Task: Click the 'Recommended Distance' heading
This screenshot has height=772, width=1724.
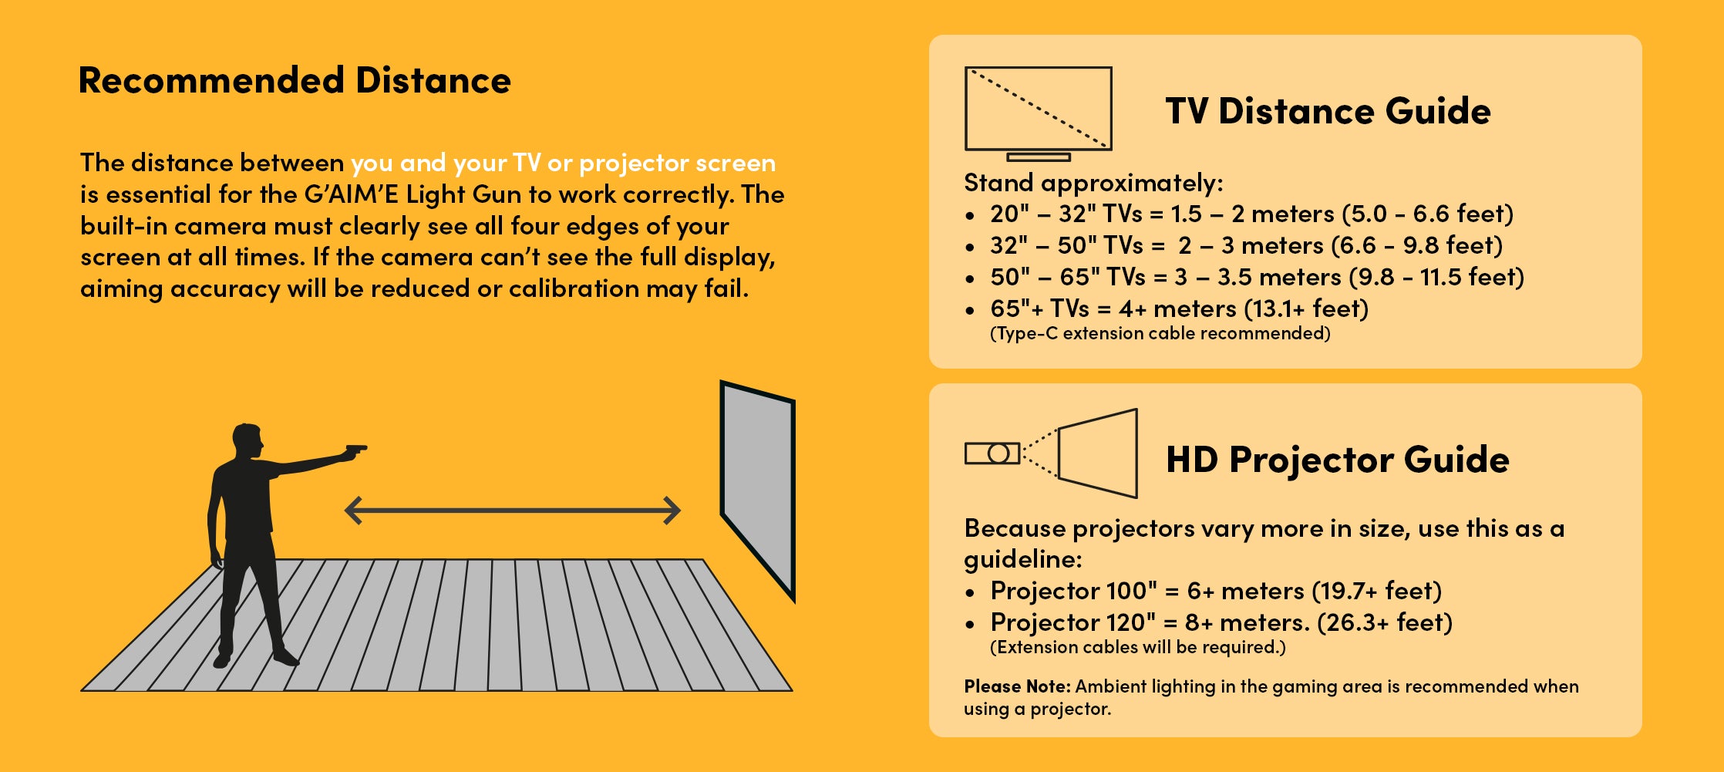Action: pos(295,81)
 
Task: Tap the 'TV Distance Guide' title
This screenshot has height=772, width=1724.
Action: pos(1328,111)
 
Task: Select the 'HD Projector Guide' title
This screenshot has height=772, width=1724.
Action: pos(1337,460)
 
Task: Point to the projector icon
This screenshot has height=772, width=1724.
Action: pos(1052,453)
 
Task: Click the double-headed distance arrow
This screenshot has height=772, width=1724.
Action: pos(513,511)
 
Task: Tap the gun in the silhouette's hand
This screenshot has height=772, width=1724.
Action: pos(355,451)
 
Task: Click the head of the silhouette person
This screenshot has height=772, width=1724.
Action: pos(247,442)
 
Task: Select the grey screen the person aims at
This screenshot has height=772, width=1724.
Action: pos(757,490)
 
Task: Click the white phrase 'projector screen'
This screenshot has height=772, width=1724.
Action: pos(677,164)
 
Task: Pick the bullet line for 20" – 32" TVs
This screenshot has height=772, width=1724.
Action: pos(1239,214)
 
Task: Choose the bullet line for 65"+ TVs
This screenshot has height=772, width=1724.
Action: pos(1167,308)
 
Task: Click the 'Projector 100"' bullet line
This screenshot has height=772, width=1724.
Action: pos(1203,591)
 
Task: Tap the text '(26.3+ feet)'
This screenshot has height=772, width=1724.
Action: pos(1386,622)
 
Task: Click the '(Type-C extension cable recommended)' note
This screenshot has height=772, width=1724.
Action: pos(1160,333)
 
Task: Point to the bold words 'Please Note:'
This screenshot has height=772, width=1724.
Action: pos(1017,686)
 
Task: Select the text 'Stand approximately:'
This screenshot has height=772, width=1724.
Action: pos(1093,184)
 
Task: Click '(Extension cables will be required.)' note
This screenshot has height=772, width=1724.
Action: pos(1137,647)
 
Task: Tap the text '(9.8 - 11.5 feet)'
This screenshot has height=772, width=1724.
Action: pos(1436,277)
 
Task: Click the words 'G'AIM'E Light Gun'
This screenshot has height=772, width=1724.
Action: pos(412,194)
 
